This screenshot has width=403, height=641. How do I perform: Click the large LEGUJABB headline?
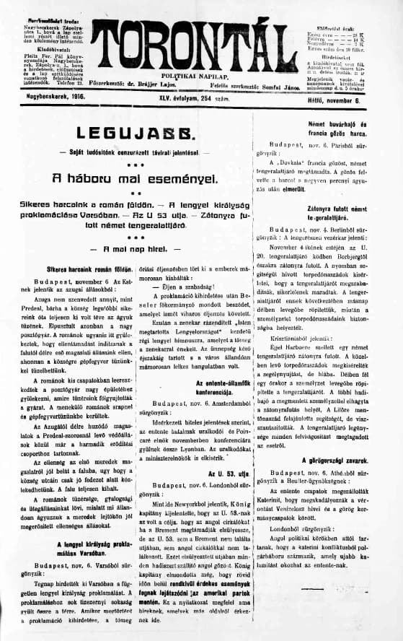click(x=128, y=133)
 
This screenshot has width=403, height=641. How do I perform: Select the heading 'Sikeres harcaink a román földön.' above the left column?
click(x=71, y=269)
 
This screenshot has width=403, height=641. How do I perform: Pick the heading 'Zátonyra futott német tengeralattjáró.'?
click(x=324, y=209)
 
